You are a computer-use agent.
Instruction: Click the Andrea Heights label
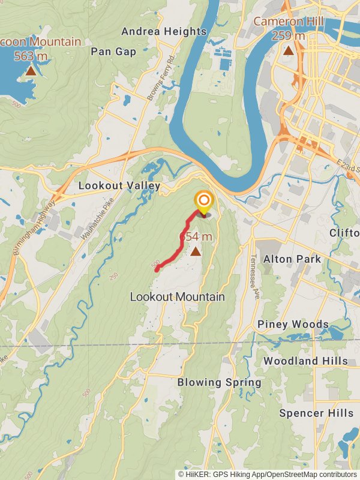coord(164,31)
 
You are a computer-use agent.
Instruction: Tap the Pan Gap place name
coord(114,52)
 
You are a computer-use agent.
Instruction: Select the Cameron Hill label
coord(289,22)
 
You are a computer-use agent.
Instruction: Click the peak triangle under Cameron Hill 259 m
coord(289,51)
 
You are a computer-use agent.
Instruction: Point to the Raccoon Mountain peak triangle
coord(31,71)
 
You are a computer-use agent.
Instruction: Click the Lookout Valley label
coord(119,186)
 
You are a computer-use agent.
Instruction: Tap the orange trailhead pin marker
coord(204,201)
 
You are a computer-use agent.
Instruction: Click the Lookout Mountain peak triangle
coord(196,251)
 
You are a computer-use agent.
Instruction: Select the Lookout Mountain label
coord(178,297)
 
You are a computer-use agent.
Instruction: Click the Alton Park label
coord(292,259)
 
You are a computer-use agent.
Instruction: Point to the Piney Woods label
coord(293,325)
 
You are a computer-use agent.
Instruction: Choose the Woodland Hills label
coord(305,361)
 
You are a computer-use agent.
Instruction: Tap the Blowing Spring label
coord(219,382)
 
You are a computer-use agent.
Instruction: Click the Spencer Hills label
coord(316,413)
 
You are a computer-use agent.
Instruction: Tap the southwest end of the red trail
coord(157,270)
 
